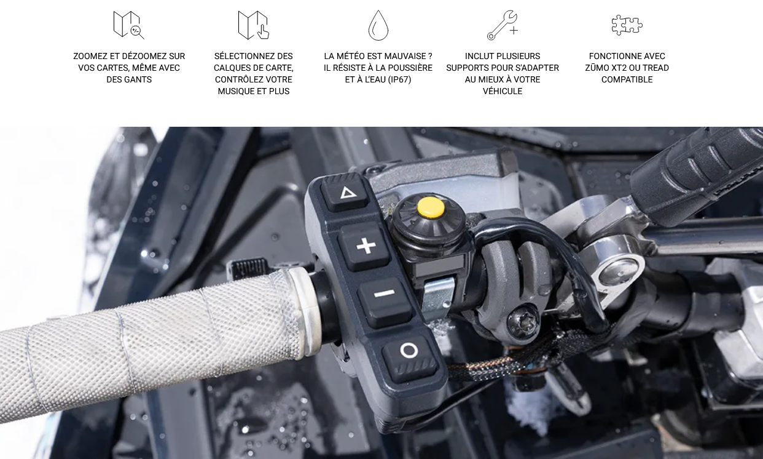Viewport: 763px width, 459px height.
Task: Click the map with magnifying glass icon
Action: [128, 25]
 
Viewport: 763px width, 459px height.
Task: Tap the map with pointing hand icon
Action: [254, 25]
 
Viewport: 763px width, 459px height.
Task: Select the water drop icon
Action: [378, 25]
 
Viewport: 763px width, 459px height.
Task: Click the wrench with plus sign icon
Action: [503, 25]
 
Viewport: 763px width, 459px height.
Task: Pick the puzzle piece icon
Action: [627, 25]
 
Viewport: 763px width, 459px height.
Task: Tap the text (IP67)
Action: [400, 79]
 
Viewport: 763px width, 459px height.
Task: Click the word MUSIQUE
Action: [238, 91]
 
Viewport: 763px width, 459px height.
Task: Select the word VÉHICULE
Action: [503, 91]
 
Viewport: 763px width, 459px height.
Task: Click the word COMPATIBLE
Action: [627, 79]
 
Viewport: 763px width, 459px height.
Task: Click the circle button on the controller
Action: [410, 356]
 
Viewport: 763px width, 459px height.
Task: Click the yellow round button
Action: [431, 207]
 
